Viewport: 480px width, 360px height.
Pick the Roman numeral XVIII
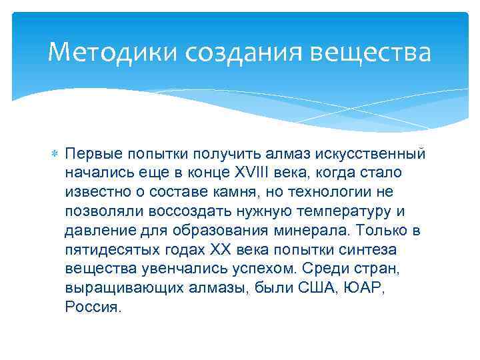pyautogui.click(x=249, y=173)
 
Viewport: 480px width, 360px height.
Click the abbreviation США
pyautogui.click(x=318, y=289)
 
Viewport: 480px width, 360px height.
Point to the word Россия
pyautogui.click(x=93, y=308)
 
